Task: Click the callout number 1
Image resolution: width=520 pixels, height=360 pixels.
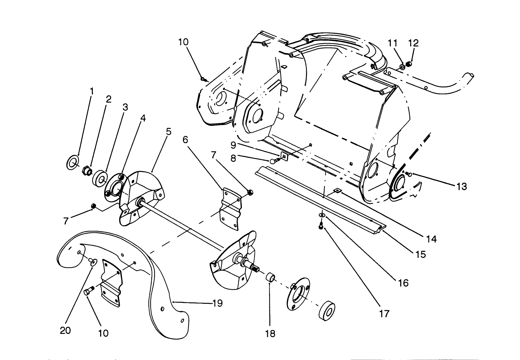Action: point(92,91)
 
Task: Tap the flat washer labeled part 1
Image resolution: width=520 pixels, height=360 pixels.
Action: point(72,162)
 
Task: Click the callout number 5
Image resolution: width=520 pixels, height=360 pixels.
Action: point(168,132)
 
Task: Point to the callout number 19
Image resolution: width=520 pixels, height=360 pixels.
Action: point(217,303)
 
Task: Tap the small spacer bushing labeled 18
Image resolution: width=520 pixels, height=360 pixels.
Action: point(270,278)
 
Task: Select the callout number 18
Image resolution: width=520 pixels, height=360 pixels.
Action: point(270,334)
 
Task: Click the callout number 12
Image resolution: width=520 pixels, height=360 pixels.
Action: point(414,43)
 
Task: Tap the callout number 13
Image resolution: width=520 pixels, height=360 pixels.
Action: point(462,186)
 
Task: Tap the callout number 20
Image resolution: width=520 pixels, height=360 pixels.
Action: point(65,330)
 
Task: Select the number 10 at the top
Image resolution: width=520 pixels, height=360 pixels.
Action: point(183,42)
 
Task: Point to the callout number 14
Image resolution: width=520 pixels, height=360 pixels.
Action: point(432,239)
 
